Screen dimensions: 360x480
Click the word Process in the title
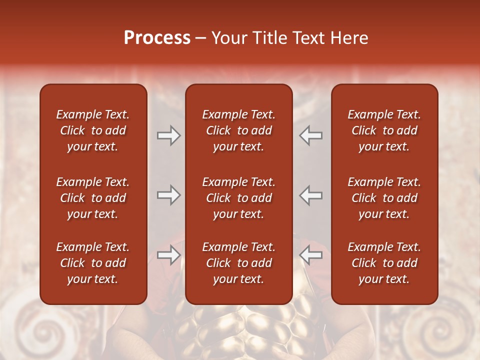(157, 38)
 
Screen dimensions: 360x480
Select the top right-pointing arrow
(168, 135)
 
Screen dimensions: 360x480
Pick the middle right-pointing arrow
(168, 195)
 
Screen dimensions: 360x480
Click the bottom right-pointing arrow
(168, 255)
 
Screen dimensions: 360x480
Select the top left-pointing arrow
(311, 135)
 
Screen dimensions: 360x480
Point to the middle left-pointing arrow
(311, 195)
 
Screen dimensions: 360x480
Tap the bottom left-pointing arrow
(311, 255)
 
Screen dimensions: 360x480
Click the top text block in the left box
(93, 130)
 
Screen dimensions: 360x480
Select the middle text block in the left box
(93, 198)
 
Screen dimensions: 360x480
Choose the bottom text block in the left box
(93, 263)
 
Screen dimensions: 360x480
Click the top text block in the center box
(238, 130)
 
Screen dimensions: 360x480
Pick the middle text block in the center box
(238, 198)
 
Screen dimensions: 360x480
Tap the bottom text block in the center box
(238, 263)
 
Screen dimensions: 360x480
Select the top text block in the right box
(384, 130)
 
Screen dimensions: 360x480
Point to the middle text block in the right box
(384, 198)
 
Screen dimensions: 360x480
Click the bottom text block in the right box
(384, 263)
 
